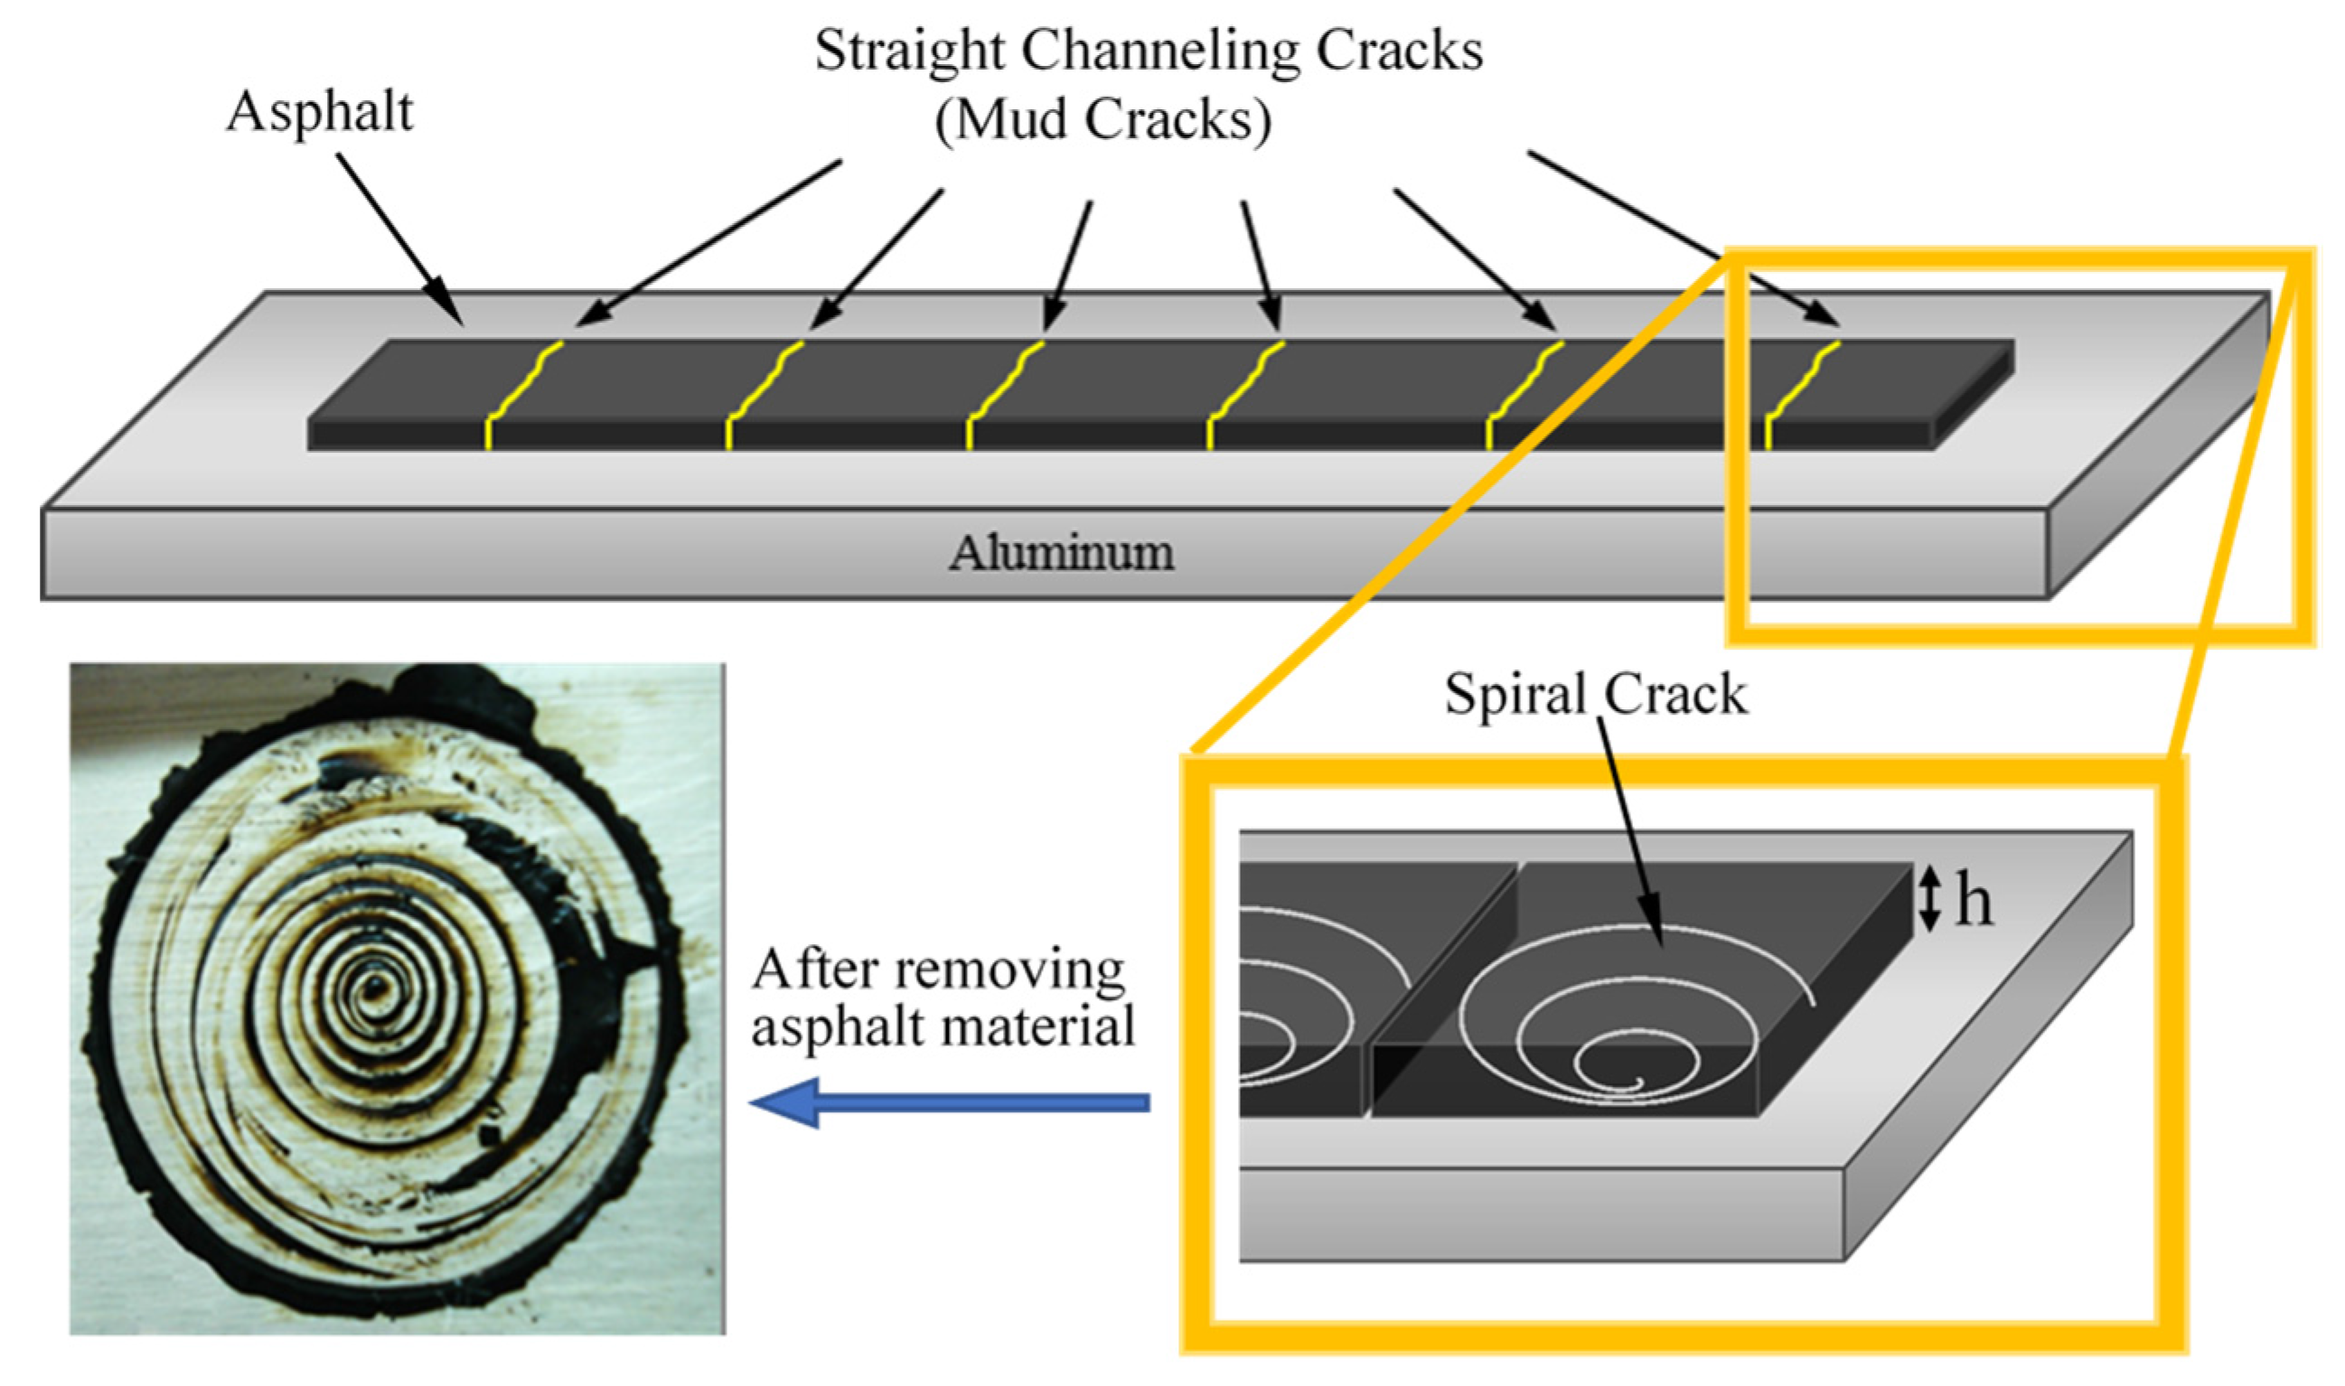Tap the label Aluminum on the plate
(1062, 553)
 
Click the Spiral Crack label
(1595, 695)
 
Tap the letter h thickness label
(1974, 902)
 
